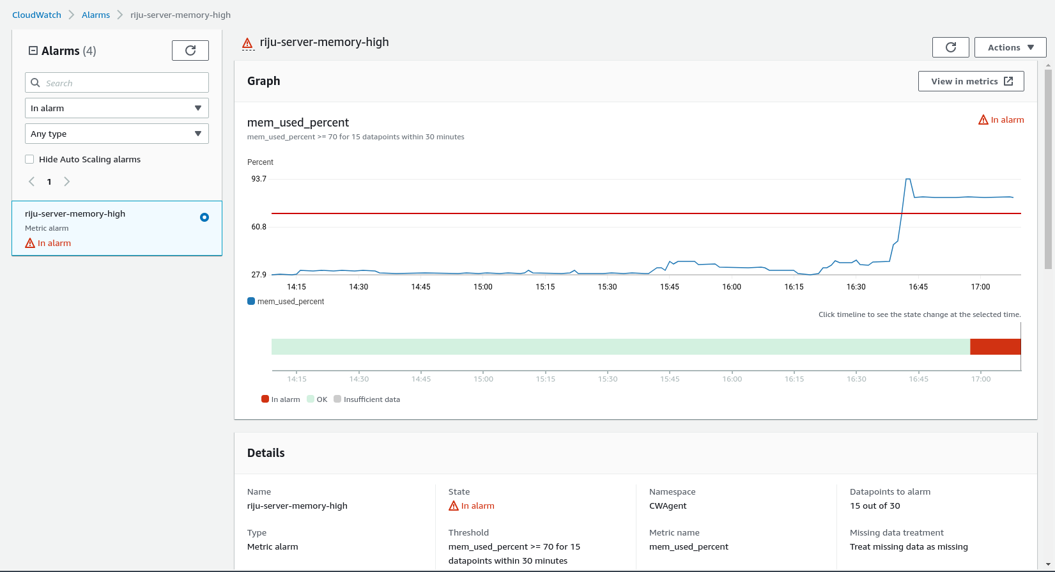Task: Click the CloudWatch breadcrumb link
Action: [x=36, y=15]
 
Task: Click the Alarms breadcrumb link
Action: [x=96, y=15]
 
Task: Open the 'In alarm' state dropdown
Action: [x=117, y=108]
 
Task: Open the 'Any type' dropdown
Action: [x=117, y=134]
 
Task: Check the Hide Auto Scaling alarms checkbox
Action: [x=29, y=159]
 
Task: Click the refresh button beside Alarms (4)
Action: [x=190, y=50]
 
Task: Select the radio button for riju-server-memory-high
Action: [x=204, y=217]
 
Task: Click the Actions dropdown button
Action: [x=1010, y=47]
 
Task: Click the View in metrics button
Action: [x=971, y=81]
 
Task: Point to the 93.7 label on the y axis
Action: [x=259, y=179]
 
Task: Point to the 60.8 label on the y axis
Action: [x=259, y=227]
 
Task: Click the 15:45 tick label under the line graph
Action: [x=670, y=287]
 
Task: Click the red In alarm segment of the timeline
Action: [x=995, y=346]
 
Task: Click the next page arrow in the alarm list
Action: [x=66, y=182]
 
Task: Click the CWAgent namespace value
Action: [x=668, y=506]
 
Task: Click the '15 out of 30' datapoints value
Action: [x=875, y=506]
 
